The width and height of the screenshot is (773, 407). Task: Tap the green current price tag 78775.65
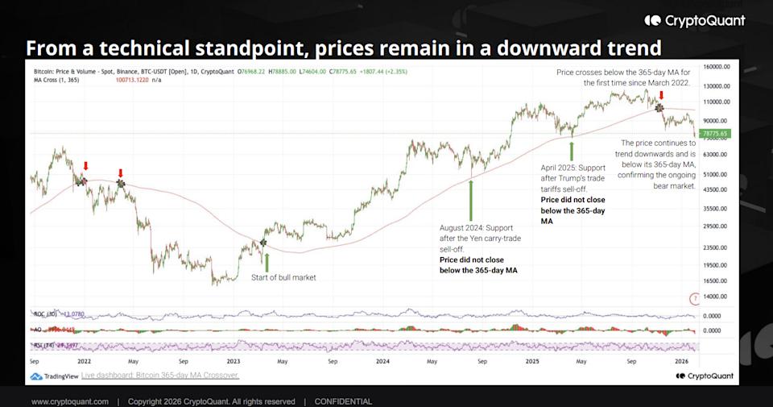pos(714,134)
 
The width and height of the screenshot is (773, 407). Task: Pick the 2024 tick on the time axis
pos(382,363)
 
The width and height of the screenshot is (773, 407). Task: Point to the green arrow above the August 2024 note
pos(471,198)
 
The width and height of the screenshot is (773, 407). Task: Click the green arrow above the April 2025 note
pos(572,149)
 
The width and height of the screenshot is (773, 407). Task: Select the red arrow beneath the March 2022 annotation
pos(661,95)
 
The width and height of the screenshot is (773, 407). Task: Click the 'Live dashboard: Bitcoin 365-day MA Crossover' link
pos(160,376)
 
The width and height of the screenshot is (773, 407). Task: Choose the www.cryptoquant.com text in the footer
pos(70,401)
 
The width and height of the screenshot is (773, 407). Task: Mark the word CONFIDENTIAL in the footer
pos(343,401)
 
